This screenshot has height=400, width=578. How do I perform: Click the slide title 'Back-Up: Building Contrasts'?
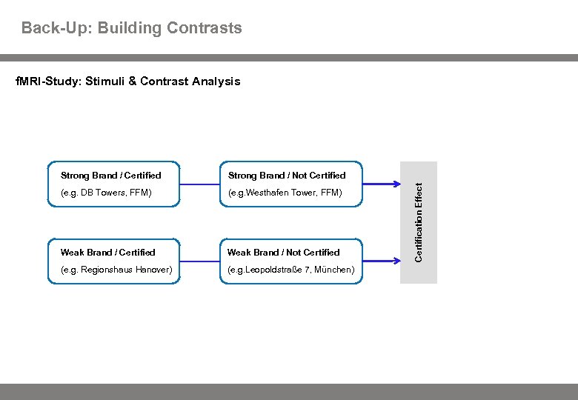(x=131, y=28)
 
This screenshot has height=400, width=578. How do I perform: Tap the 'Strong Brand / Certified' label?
(x=110, y=176)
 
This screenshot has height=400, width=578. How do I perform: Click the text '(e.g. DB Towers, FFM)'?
(x=106, y=193)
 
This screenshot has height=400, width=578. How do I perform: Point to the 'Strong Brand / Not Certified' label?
(x=287, y=176)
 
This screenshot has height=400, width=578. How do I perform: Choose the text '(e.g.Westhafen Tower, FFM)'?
(x=285, y=193)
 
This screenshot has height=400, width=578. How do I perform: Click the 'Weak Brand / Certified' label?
(x=107, y=253)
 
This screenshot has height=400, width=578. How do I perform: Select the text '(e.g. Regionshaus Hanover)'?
(x=116, y=270)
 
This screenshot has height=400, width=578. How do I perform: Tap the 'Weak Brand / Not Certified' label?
(x=284, y=253)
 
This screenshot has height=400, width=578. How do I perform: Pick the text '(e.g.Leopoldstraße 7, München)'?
(x=291, y=270)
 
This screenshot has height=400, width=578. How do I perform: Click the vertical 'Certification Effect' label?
(x=419, y=222)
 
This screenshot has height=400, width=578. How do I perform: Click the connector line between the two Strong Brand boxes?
(x=199, y=184)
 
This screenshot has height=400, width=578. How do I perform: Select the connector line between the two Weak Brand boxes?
(x=199, y=261)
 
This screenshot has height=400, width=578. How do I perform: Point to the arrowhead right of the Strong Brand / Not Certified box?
(x=394, y=184)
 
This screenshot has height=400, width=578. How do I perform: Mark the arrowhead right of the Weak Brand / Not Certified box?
(x=394, y=261)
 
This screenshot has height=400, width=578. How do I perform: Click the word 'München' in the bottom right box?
(x=334, y=270)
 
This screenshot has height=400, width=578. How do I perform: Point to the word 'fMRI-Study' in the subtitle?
(x=46, y=81)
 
